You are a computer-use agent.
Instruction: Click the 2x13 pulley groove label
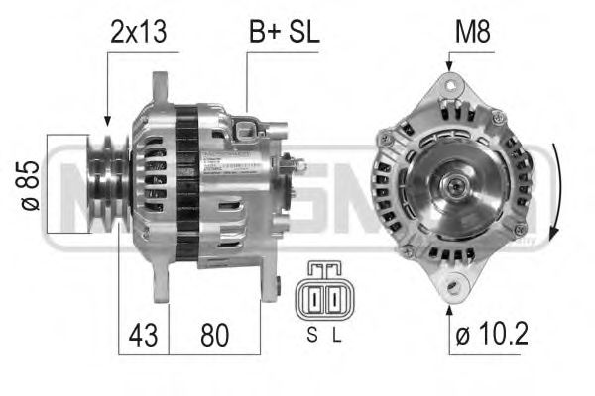coord(138,33)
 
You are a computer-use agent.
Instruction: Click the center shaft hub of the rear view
coord(459,184)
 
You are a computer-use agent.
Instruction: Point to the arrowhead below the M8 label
coord(452,66)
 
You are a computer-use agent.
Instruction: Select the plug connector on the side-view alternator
coord(246,128)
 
